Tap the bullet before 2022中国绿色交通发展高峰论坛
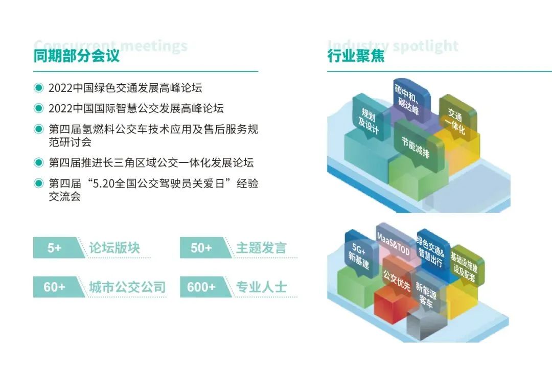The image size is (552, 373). click(x=38, y=88)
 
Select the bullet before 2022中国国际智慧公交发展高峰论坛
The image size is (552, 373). click(x=38, y=108)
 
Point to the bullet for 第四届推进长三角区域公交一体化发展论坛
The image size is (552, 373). click(x=38, y=162)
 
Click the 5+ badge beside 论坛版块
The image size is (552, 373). click(x=55, y=248)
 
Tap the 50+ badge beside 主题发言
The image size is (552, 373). click(x=201, y=248)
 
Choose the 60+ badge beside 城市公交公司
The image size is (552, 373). click(x=55, y=287)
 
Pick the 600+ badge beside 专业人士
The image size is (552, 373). click(x=201, y=287)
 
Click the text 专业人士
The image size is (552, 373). click(x=261, y=287)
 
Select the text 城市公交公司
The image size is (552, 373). click(x=127, y=287)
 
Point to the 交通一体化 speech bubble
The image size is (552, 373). click(x=456, y=121)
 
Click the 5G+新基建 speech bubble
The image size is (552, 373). click(x=360, y=250)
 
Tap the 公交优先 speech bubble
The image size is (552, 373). click(x=397, y=281)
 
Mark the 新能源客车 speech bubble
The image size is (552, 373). click(x=426, y=295)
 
